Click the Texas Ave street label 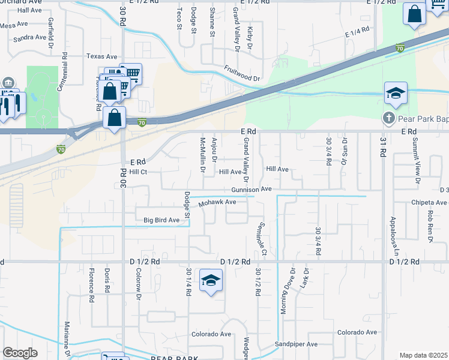point(100,56)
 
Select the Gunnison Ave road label point(252,189)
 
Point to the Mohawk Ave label point(218,202)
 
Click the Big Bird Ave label point(161,220)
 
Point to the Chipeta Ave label point(429,203)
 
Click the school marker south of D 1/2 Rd point(211,281)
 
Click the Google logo point(20,353)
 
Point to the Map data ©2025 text point(424,355)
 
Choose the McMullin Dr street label point(202,155)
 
